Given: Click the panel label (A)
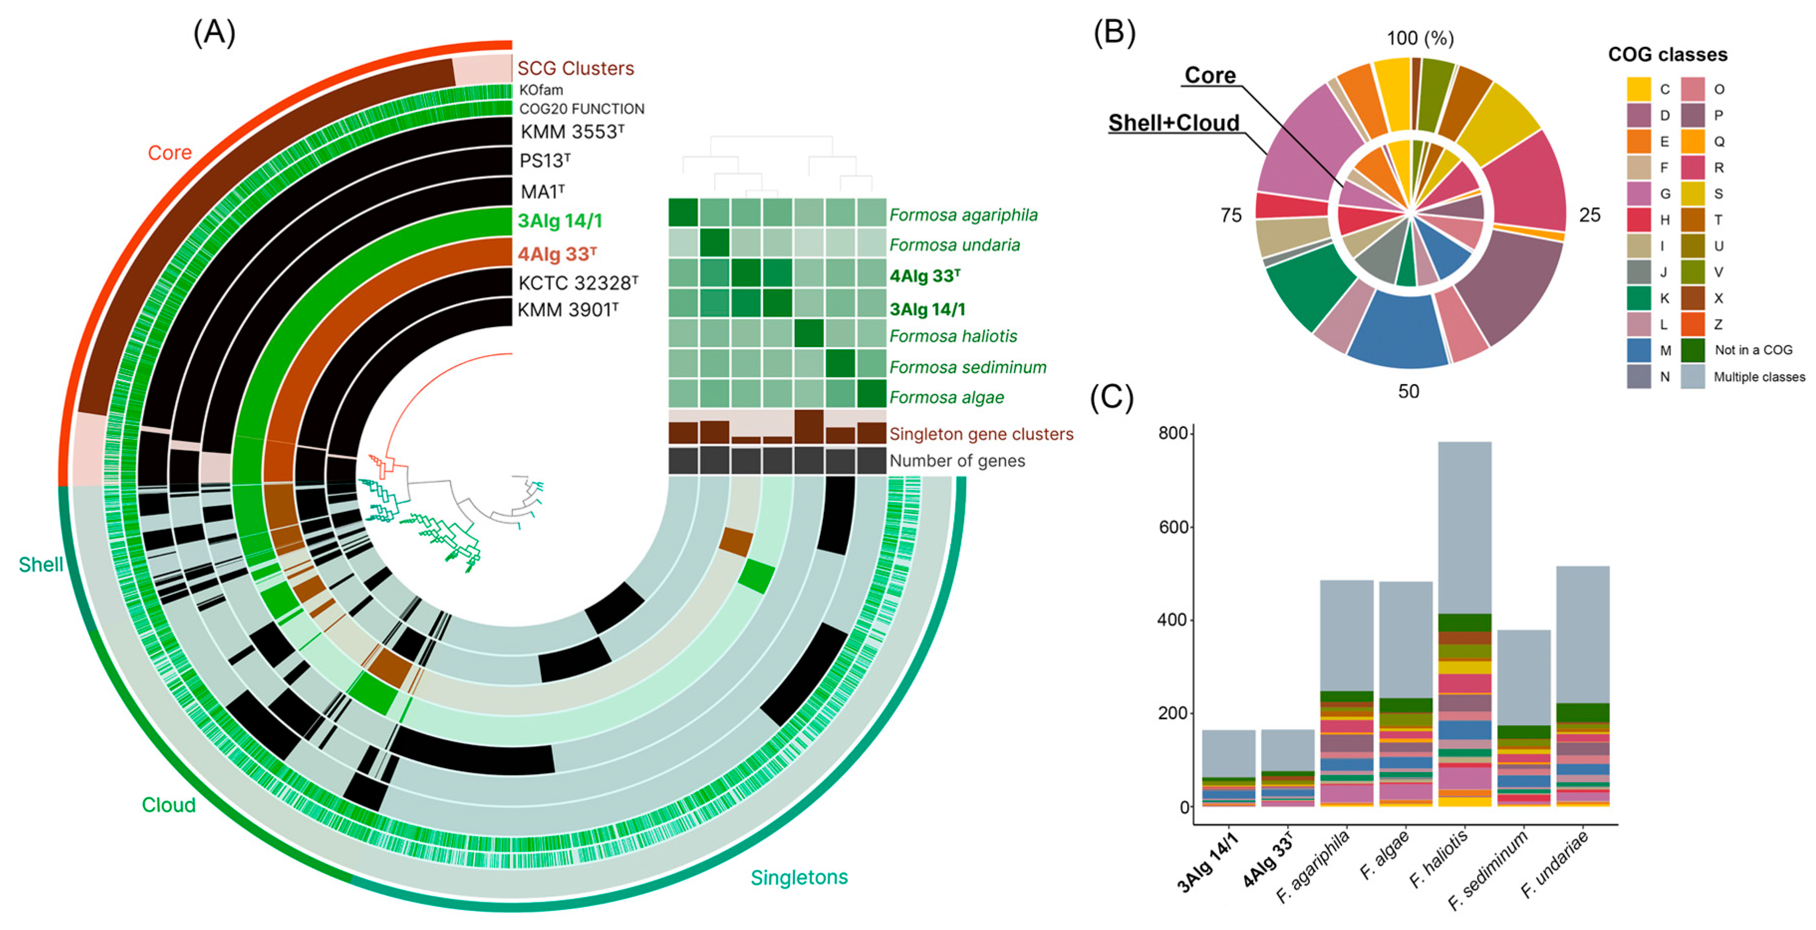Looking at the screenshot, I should [x=214, y=32].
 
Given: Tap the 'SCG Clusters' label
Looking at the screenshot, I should [x=575, y=68].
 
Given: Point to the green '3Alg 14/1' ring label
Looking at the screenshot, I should [x=560, y=221].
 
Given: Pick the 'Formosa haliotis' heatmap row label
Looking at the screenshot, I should [x=953, y=336].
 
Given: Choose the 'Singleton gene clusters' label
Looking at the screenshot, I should [x=981, y=434].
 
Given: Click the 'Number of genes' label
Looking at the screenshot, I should [x=957, y=461].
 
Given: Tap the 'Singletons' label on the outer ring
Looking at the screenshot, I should [x=799, y=877].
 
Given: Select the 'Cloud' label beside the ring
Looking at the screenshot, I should [x=168, y=805].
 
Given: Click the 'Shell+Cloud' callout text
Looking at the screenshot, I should [x=1173, y=123].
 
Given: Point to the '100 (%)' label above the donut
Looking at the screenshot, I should [x=1420, y=38].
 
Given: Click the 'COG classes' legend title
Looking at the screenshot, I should [x=1667, y=54].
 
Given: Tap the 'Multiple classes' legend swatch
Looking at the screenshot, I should [x=1692, y=377].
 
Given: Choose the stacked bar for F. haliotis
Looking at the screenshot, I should [x=1464, y=624].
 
